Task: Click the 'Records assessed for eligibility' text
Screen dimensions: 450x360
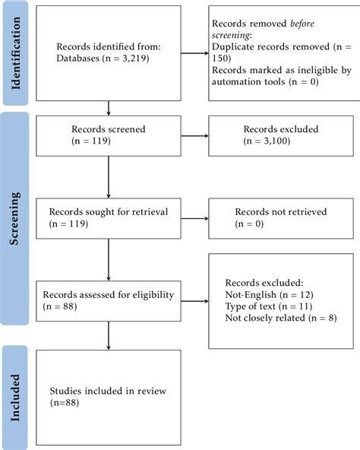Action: point(109,294)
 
